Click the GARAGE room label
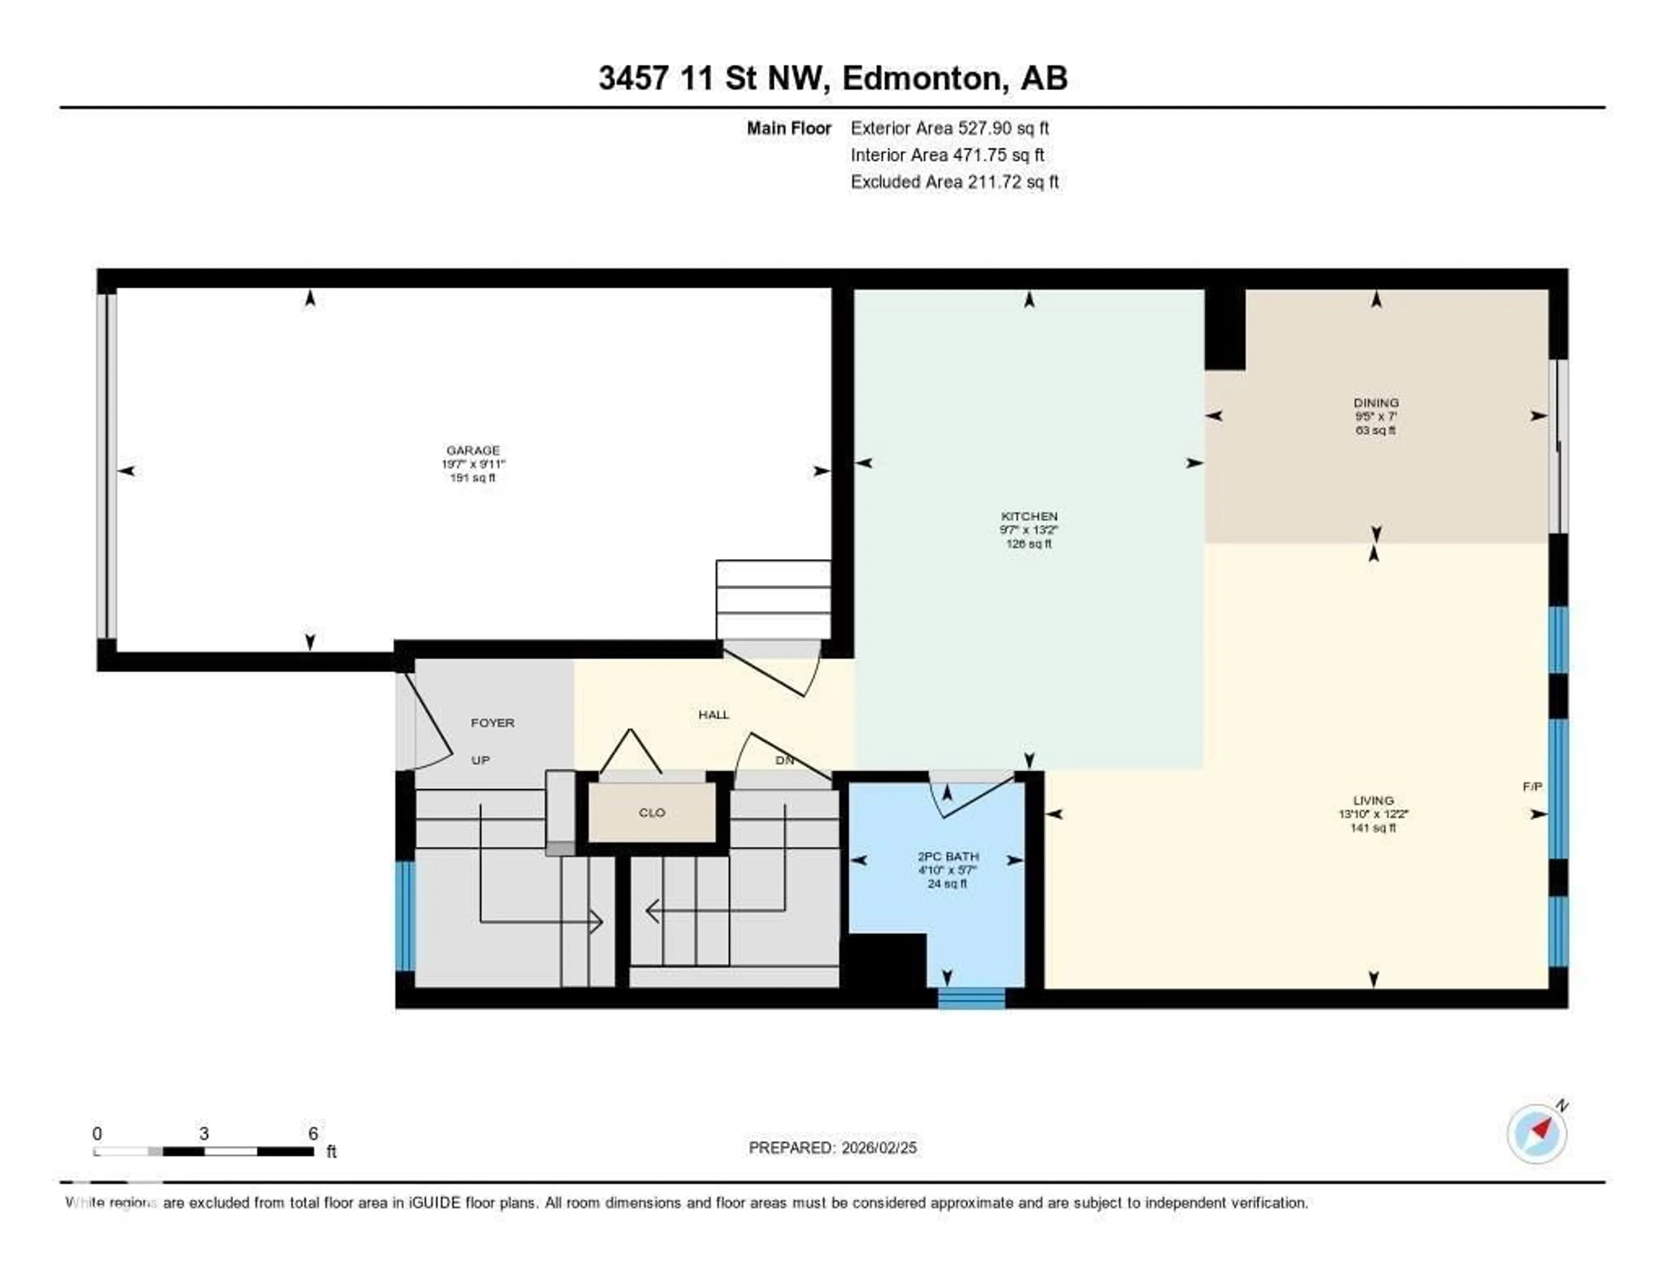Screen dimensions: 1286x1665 473,450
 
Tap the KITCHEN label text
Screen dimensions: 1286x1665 1029,516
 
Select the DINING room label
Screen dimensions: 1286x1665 1376,402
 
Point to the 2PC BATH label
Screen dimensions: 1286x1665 947,856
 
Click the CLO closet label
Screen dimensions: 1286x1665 652,813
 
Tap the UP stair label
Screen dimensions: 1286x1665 480,760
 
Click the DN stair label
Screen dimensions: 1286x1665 784,760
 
